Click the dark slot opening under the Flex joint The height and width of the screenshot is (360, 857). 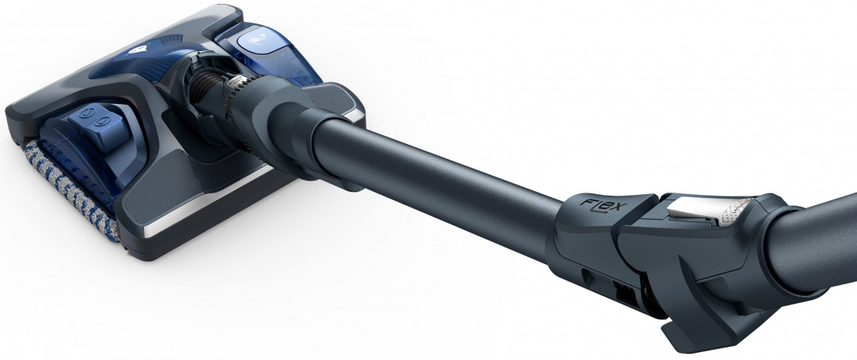tap(626, 294)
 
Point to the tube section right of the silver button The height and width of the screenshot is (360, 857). tap(814, 235)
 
